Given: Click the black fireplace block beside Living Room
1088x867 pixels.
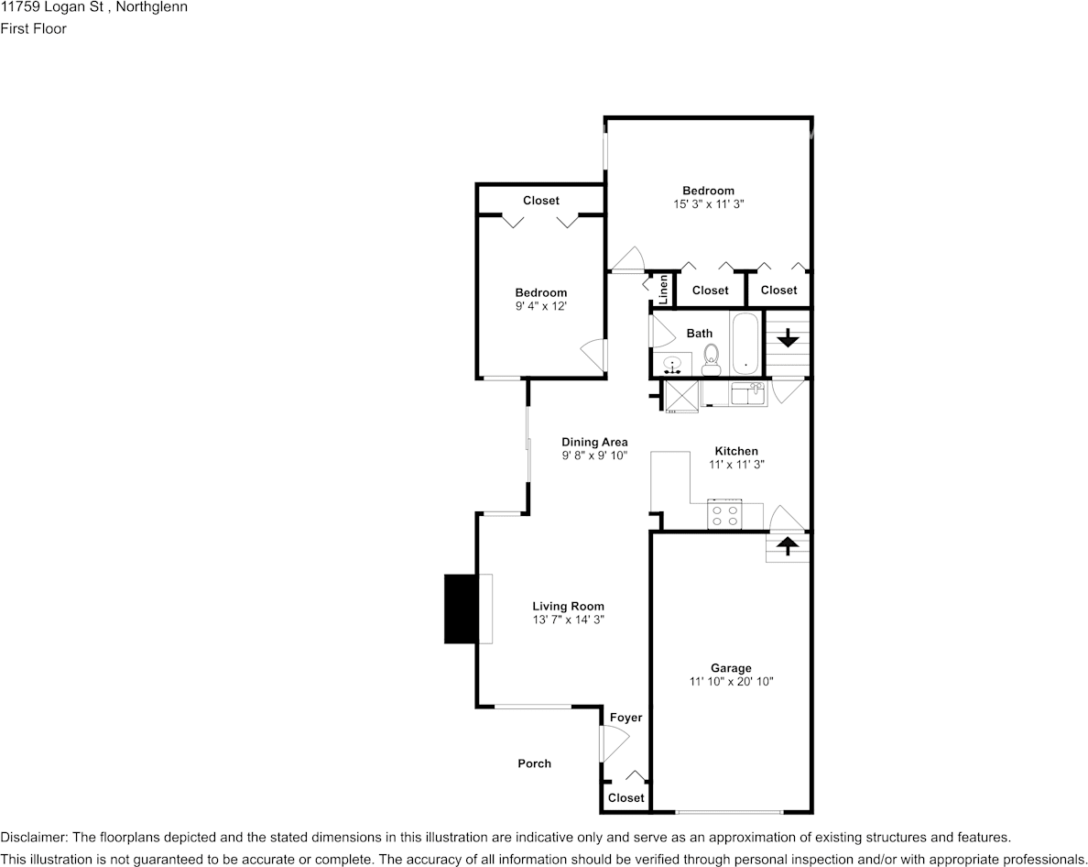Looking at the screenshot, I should click(x=461, y=609).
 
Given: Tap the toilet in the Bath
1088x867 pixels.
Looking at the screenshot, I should click(x=711, y=361).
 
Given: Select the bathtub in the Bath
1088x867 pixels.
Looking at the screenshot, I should click(x=745, y=343).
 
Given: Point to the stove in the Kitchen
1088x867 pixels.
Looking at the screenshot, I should click(x=724, y=516).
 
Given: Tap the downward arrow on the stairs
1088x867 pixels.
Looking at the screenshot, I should click(x=788, y=338).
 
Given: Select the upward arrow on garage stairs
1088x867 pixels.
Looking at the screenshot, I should click(x=788, y=546).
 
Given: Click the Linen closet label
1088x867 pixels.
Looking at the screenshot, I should click(x=662, y=290).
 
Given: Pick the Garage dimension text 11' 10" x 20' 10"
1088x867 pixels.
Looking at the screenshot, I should click(x=731, y=682).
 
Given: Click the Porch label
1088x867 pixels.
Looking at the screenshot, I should click(x=534, y=763).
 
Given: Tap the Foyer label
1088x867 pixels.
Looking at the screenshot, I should click(x=626, y=718).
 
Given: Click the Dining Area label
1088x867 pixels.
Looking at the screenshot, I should click(x=594, y=442).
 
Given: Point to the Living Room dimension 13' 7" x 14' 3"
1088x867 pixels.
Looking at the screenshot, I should click(x=568, y=620).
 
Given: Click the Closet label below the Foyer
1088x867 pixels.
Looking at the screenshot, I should click(x=626, y=798).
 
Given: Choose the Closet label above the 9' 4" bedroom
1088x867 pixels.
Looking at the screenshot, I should click(x=540, y=200).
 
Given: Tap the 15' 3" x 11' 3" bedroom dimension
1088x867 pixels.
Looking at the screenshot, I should click(x=708, y=204).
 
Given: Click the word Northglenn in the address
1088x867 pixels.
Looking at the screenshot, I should click(x=153, y=7).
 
